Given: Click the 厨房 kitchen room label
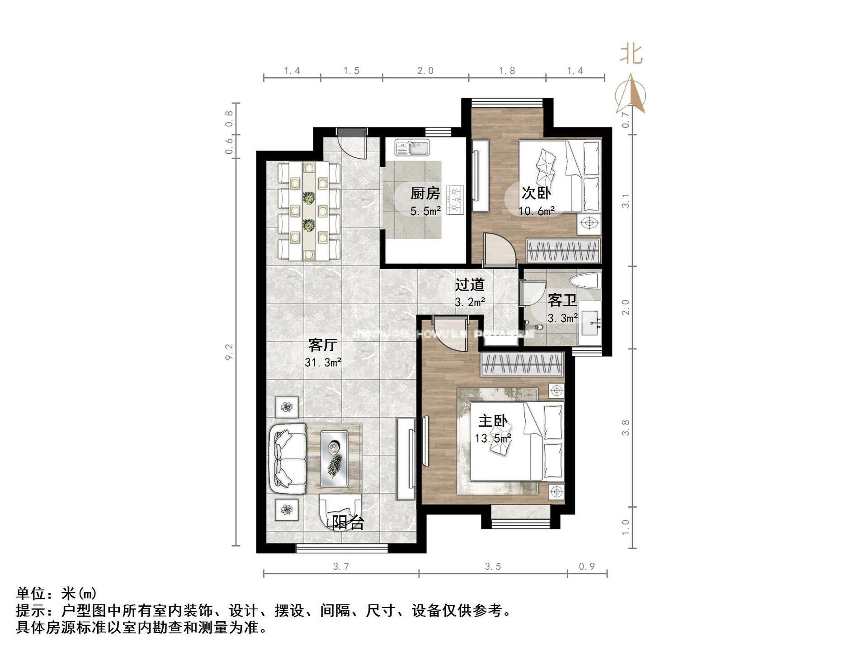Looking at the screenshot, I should point(425,193).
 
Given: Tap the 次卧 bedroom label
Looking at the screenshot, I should point(536,193).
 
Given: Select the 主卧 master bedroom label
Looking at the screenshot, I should point(493,421).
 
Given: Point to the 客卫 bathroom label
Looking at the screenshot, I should point(562,300).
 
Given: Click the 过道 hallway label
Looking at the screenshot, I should point(470,285).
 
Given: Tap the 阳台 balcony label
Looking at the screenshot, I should point(348,523).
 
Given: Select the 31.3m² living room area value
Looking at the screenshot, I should point(323,362).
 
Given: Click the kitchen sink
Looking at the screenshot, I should point(412,147).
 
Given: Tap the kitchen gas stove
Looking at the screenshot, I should point(455,199).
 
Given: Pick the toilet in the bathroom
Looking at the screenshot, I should point(586,280).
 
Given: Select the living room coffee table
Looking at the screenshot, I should point(334,459).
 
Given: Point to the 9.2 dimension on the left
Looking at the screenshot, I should point(229,352).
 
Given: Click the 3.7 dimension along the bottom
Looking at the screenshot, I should point(341,566).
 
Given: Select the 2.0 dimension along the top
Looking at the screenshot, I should point(425,71).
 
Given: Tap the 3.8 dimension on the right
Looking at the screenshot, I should point(626,427).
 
